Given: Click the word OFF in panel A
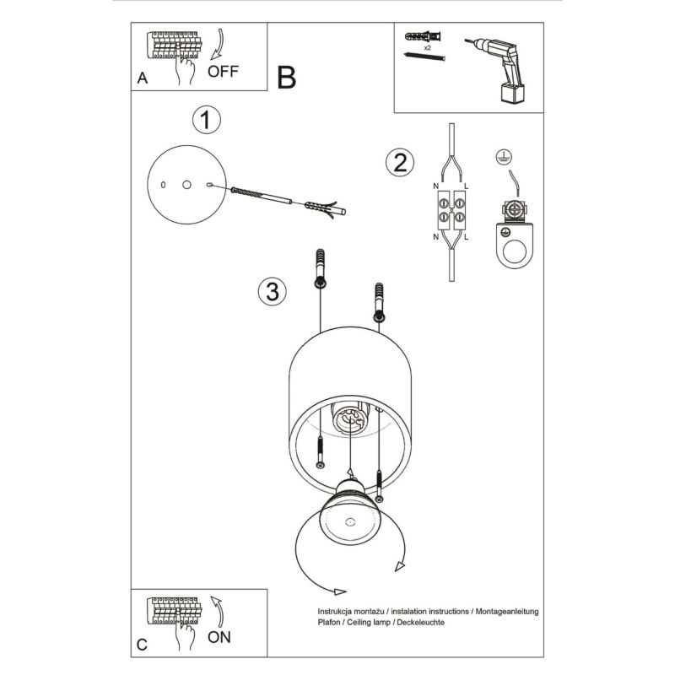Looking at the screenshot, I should click(223, 71).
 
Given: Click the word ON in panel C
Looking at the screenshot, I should click(219, 637).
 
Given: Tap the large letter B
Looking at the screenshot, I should click(286, 78).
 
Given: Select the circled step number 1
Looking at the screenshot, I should click(205, 121).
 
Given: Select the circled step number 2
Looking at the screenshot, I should click(401, 162).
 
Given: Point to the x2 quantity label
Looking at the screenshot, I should click(428, 49).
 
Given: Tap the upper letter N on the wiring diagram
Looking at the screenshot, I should click(435, 184).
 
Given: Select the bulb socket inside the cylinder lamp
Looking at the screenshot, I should click(349, 418).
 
